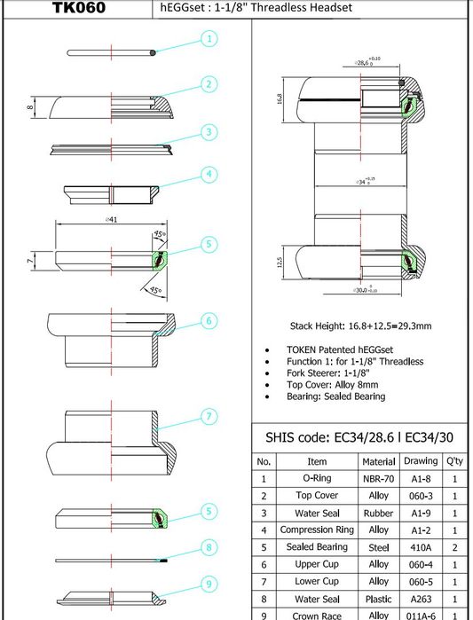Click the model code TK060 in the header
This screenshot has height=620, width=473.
point(79,8)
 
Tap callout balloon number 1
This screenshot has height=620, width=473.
point(209,39)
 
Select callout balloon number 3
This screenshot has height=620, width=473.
point(209,132)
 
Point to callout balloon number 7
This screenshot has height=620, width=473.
point(209,415)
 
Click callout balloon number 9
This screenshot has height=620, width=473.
point(209,583)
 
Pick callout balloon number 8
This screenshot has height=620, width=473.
point(209,549)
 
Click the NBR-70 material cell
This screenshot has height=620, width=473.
point(378,478)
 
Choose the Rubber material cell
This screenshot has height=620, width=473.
point(378,513)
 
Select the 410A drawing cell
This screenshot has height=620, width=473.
point(421,547)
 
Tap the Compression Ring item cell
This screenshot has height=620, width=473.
point(317,530)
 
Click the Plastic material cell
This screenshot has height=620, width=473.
point(378,598)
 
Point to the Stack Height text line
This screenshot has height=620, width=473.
point(361,326)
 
